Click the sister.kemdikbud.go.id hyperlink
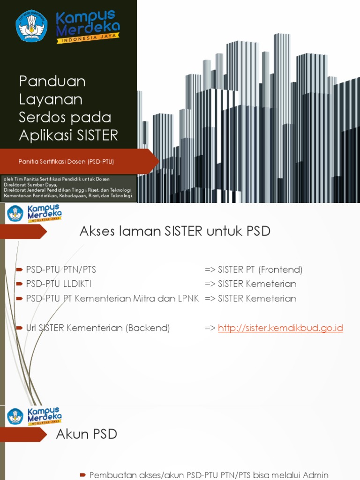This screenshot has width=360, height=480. click(x=280, y=328)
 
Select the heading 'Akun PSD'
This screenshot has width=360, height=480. click(x=86, y=435)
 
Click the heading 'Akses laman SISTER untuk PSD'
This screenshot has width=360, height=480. click(x=175, y=231)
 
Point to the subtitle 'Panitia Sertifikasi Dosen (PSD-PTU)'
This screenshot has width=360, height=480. click(x=66, y=162)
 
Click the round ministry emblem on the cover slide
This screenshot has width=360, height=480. click(x=31, y=26)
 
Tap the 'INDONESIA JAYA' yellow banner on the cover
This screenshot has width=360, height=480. click(x=88, y=40)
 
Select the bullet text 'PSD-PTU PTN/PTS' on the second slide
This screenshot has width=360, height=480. click(x=61, y=270)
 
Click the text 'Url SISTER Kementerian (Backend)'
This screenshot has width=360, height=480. click(x=98, y=328)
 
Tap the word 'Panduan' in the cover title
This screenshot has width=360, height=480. click(x=52, y=81)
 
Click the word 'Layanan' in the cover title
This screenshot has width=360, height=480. click(x=51, y=99)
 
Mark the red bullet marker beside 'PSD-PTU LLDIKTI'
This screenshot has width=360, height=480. click(x=19, y=284)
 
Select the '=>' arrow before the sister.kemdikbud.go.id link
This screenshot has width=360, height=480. click(x=210, y=328)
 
